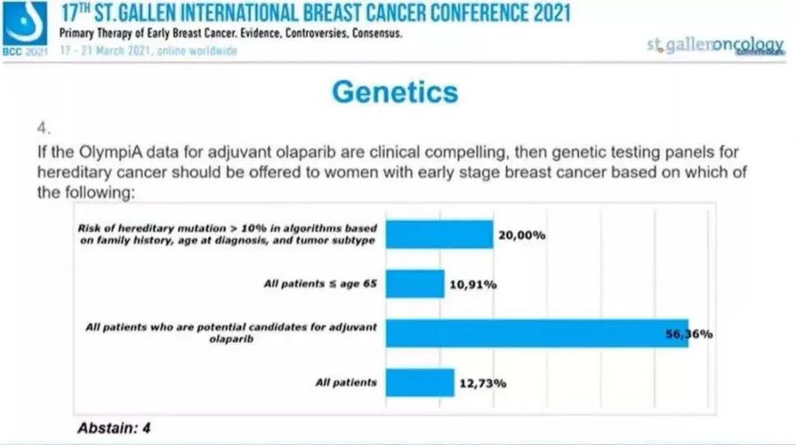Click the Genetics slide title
pos(395,91)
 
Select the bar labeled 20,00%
pos(439,234)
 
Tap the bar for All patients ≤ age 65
pos(415,284)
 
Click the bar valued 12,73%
pos(420,383)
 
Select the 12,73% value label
pos(482,383)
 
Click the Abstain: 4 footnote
pos(113,428)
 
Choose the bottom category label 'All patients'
pos(346,383)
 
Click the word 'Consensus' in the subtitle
pos(375,34)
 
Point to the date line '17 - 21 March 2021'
pos(148,51)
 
